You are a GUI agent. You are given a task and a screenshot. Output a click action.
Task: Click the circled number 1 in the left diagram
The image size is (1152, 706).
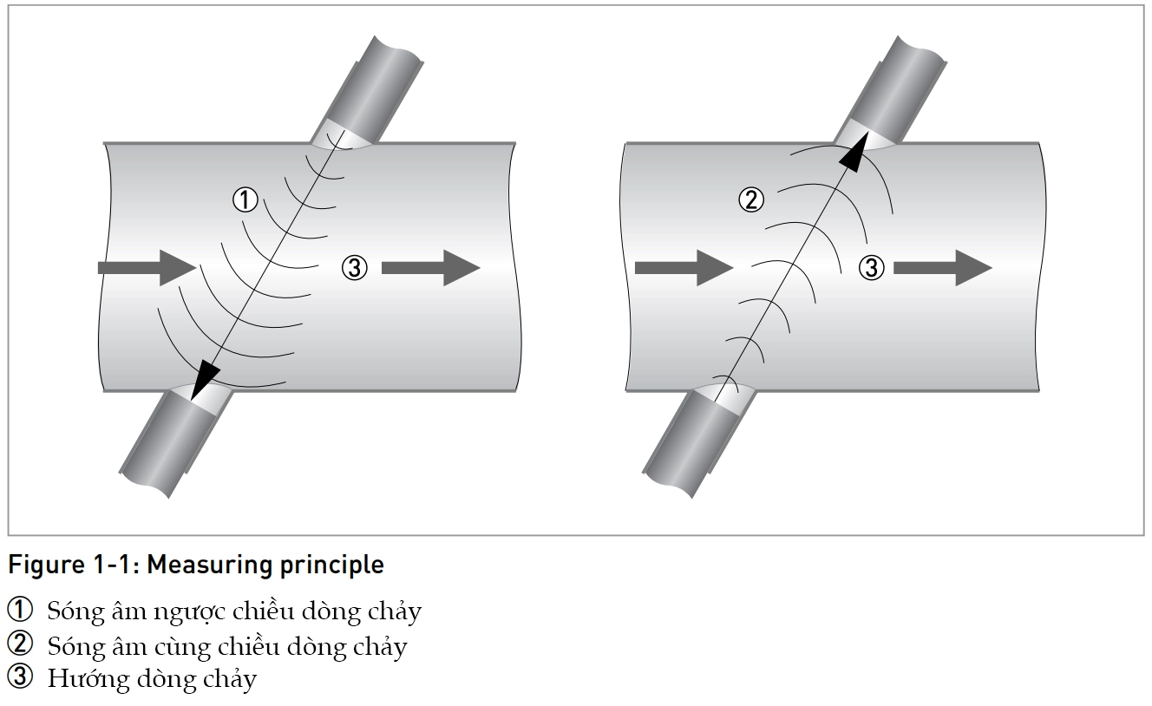point(245,200)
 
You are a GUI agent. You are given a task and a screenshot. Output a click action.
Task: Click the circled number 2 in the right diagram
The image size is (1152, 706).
point(750,200)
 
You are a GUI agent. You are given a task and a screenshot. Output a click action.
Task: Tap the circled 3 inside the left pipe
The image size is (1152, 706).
point(355,268)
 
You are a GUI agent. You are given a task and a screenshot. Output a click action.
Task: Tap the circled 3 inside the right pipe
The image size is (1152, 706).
point(871,268)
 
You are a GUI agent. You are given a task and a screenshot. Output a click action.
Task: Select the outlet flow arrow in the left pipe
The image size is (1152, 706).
point(430,267)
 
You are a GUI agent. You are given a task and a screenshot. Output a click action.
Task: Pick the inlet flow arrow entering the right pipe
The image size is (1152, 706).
point(684,267)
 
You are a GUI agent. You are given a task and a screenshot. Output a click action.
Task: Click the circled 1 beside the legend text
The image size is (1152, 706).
point(19,611)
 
